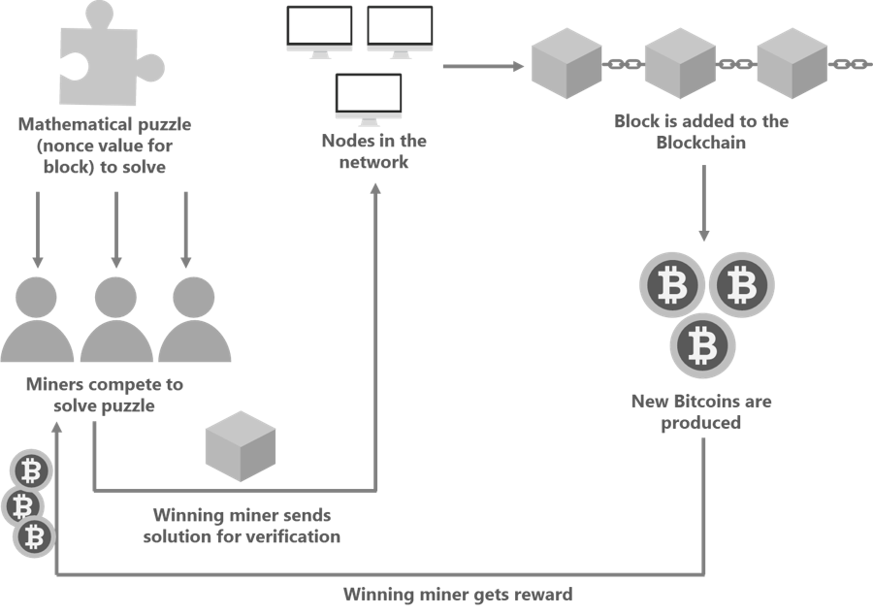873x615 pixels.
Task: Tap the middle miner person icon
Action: click(x=117, y=321)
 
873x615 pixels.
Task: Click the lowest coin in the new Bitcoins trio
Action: click(x=702, y=344)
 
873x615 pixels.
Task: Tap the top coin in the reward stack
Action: click(x=31, y=471)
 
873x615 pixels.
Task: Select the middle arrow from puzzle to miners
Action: click(x=116, y=229)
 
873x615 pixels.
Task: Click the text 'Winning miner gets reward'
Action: click(x=458, y=594)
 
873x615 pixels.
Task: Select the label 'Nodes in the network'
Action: click(x=373, y=151)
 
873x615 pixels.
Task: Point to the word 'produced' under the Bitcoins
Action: click(x=701, y=423)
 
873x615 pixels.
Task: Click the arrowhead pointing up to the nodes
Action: click(x=375, y=188)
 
